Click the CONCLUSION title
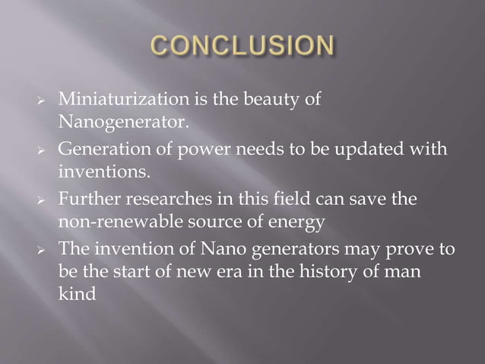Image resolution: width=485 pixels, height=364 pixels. pos(242,45)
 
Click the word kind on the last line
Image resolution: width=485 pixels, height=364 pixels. pos(77,292)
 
